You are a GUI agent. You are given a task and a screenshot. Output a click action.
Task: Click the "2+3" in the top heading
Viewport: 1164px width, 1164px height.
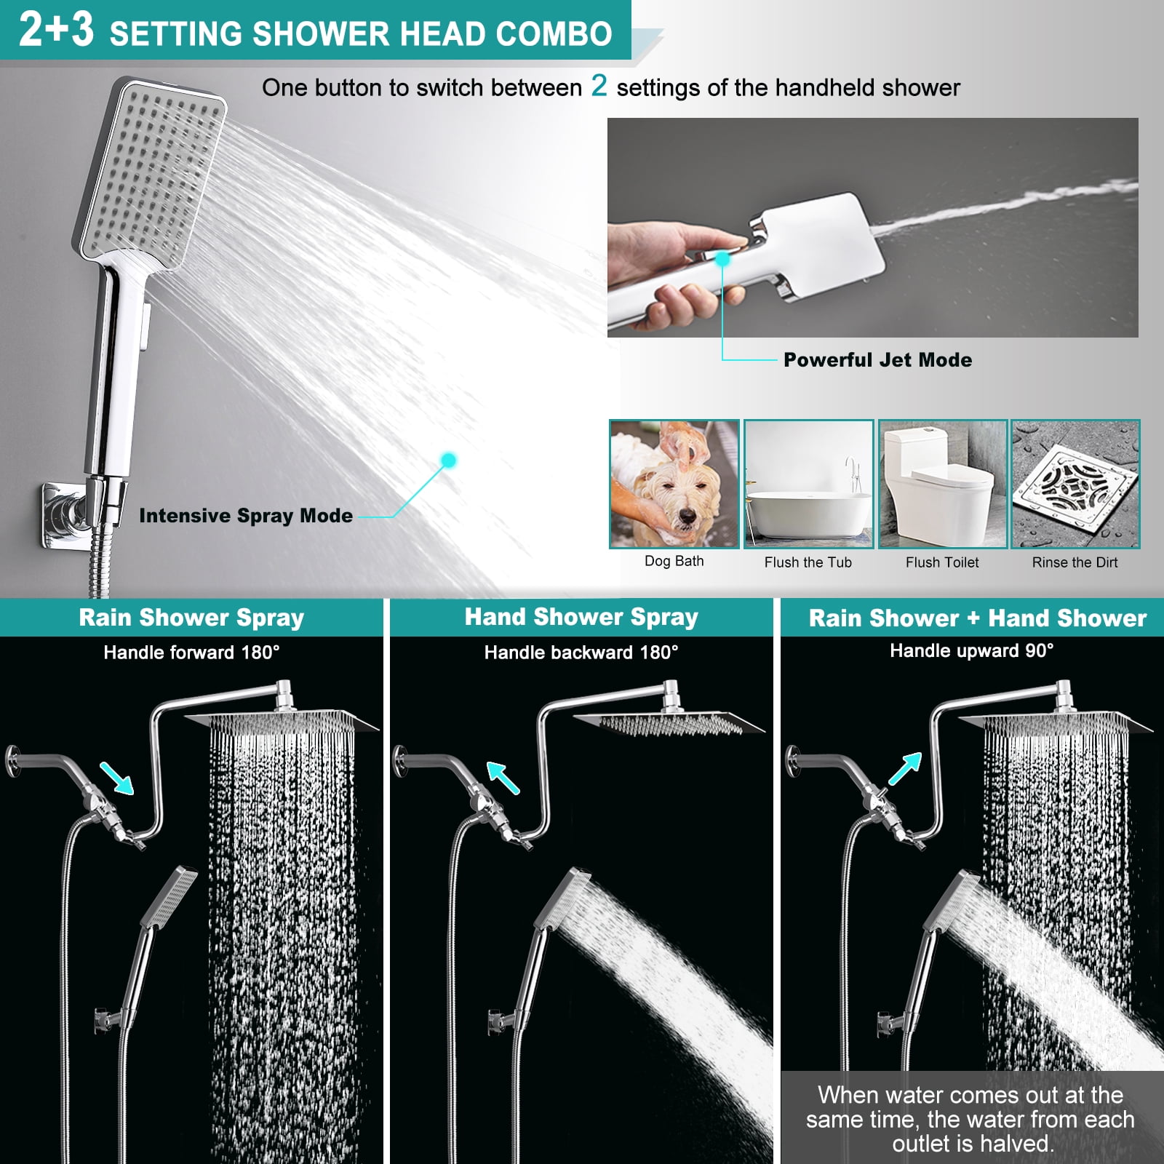point(56,30)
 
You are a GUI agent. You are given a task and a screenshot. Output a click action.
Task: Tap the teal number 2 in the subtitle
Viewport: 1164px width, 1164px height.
point(599,86)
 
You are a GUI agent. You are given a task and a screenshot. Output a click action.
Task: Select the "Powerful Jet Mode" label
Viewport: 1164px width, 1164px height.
point(877,359)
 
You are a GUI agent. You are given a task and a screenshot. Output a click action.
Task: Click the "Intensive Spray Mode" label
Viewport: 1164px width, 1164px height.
point(246,515)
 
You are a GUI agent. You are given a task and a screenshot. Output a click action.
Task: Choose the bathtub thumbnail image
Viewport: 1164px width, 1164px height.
point(808,484)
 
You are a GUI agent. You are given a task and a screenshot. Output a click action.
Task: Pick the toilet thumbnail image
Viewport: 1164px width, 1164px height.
point(943,484)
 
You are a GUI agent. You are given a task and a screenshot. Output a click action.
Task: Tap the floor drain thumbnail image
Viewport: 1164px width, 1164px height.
point(1075,484)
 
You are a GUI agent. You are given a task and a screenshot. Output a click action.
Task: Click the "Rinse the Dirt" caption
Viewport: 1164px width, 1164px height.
point(1075,562)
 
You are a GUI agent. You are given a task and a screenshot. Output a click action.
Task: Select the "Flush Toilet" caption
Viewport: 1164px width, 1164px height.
point(942,562)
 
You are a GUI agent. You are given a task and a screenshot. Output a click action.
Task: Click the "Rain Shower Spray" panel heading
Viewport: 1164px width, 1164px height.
point(191,618)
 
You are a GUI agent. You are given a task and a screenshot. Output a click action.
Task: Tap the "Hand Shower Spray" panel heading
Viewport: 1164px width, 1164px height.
point(581,617)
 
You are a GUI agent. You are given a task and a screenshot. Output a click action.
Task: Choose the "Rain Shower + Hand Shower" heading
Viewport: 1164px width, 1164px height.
point(978,618)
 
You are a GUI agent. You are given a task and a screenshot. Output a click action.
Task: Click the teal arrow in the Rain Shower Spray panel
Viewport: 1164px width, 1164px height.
point(116,777)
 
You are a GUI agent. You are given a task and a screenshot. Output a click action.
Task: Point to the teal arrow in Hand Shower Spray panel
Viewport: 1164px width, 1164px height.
point(503,777)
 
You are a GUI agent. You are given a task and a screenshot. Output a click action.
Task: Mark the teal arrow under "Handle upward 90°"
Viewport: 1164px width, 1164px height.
point(905,768)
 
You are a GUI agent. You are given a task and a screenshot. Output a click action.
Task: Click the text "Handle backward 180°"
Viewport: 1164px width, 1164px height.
point(581,653)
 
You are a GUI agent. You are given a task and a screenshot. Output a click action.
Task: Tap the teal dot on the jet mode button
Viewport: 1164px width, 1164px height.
point(722,258)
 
